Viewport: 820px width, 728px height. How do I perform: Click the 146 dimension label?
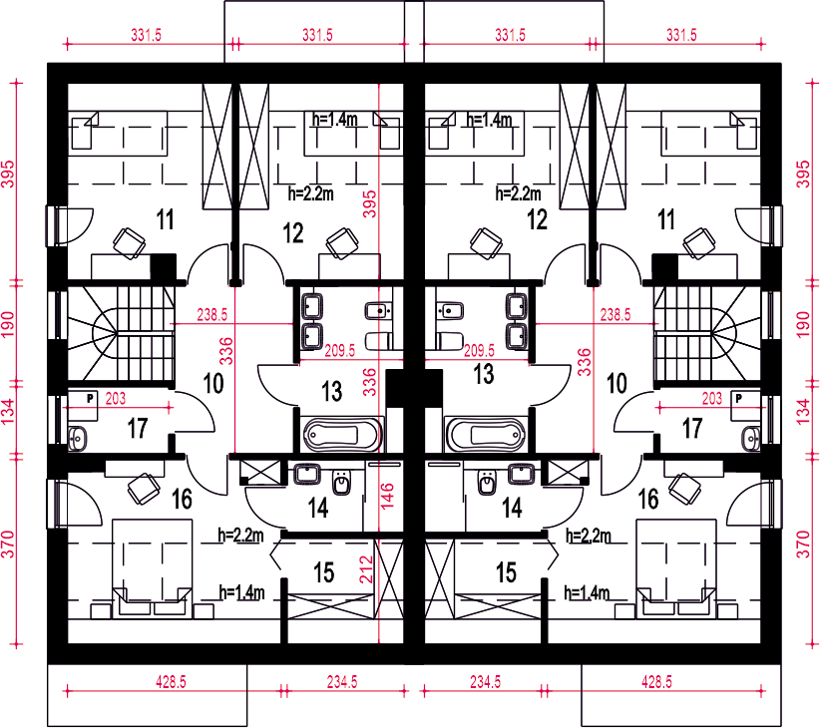(387, 496)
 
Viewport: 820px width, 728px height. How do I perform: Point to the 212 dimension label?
(366, 569)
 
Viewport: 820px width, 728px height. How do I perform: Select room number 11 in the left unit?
(166, 219)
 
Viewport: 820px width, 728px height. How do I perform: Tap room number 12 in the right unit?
(537, 219)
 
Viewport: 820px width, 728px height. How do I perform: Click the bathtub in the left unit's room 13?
(343, 434)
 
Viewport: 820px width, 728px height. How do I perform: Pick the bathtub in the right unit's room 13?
(485, 434)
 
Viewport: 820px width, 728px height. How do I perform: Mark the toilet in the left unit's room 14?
(341, 482)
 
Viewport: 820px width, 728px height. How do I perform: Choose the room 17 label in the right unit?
(692, 429)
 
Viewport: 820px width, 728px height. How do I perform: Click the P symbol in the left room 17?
(90, 398)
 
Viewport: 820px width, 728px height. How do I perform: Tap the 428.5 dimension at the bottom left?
(171, 682)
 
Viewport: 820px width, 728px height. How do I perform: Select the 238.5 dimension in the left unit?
(211, 314)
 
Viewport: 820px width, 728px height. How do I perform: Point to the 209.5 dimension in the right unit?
(479, 350)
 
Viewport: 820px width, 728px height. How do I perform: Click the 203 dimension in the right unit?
(711, 399)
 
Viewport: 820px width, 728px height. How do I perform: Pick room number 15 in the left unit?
(324, 572)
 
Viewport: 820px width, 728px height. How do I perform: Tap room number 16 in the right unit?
(648, 499)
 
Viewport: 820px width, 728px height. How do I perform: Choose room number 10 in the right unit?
(616, 384)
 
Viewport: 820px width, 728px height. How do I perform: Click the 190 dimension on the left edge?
(8, 324)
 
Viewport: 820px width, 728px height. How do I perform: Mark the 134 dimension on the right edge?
(803, 412)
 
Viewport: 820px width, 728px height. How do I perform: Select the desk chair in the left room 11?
(129, 243)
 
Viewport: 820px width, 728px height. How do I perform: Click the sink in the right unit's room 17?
(751, 438)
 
